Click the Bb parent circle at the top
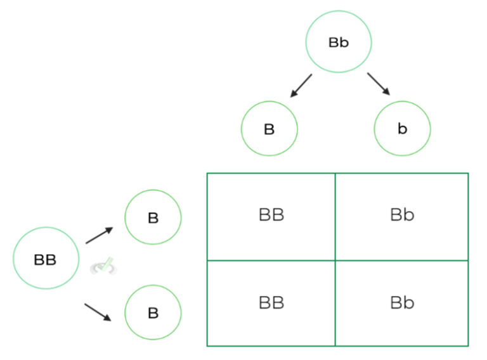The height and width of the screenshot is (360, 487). click(x=338, y=42)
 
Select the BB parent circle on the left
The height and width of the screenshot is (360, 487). click(x=46, y=259)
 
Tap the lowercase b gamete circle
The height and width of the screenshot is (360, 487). click(x=402, y=129)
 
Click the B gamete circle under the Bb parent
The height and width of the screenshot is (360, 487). click(x=269, y=129)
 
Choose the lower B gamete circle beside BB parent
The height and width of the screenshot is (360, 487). click(x=153, y=313)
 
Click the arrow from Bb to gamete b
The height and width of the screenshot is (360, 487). click(x=378, y=84)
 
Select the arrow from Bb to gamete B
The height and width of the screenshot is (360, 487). click(x=301, y=85)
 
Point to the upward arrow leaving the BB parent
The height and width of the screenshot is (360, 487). click(x=100, y=235)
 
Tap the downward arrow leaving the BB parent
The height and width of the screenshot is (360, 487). click(x=100, y=312)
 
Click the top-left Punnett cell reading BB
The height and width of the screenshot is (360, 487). click(x=271, y=215)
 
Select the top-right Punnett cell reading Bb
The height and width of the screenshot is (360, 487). click(x=402, y=215)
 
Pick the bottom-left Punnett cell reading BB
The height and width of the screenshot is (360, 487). click(x=271, y=303)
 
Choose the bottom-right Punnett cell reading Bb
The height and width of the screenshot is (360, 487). click(x=402, y=303)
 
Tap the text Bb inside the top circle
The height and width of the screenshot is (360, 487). click(x=339, y=42)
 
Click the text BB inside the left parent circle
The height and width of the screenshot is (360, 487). click(x=45, y=259)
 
